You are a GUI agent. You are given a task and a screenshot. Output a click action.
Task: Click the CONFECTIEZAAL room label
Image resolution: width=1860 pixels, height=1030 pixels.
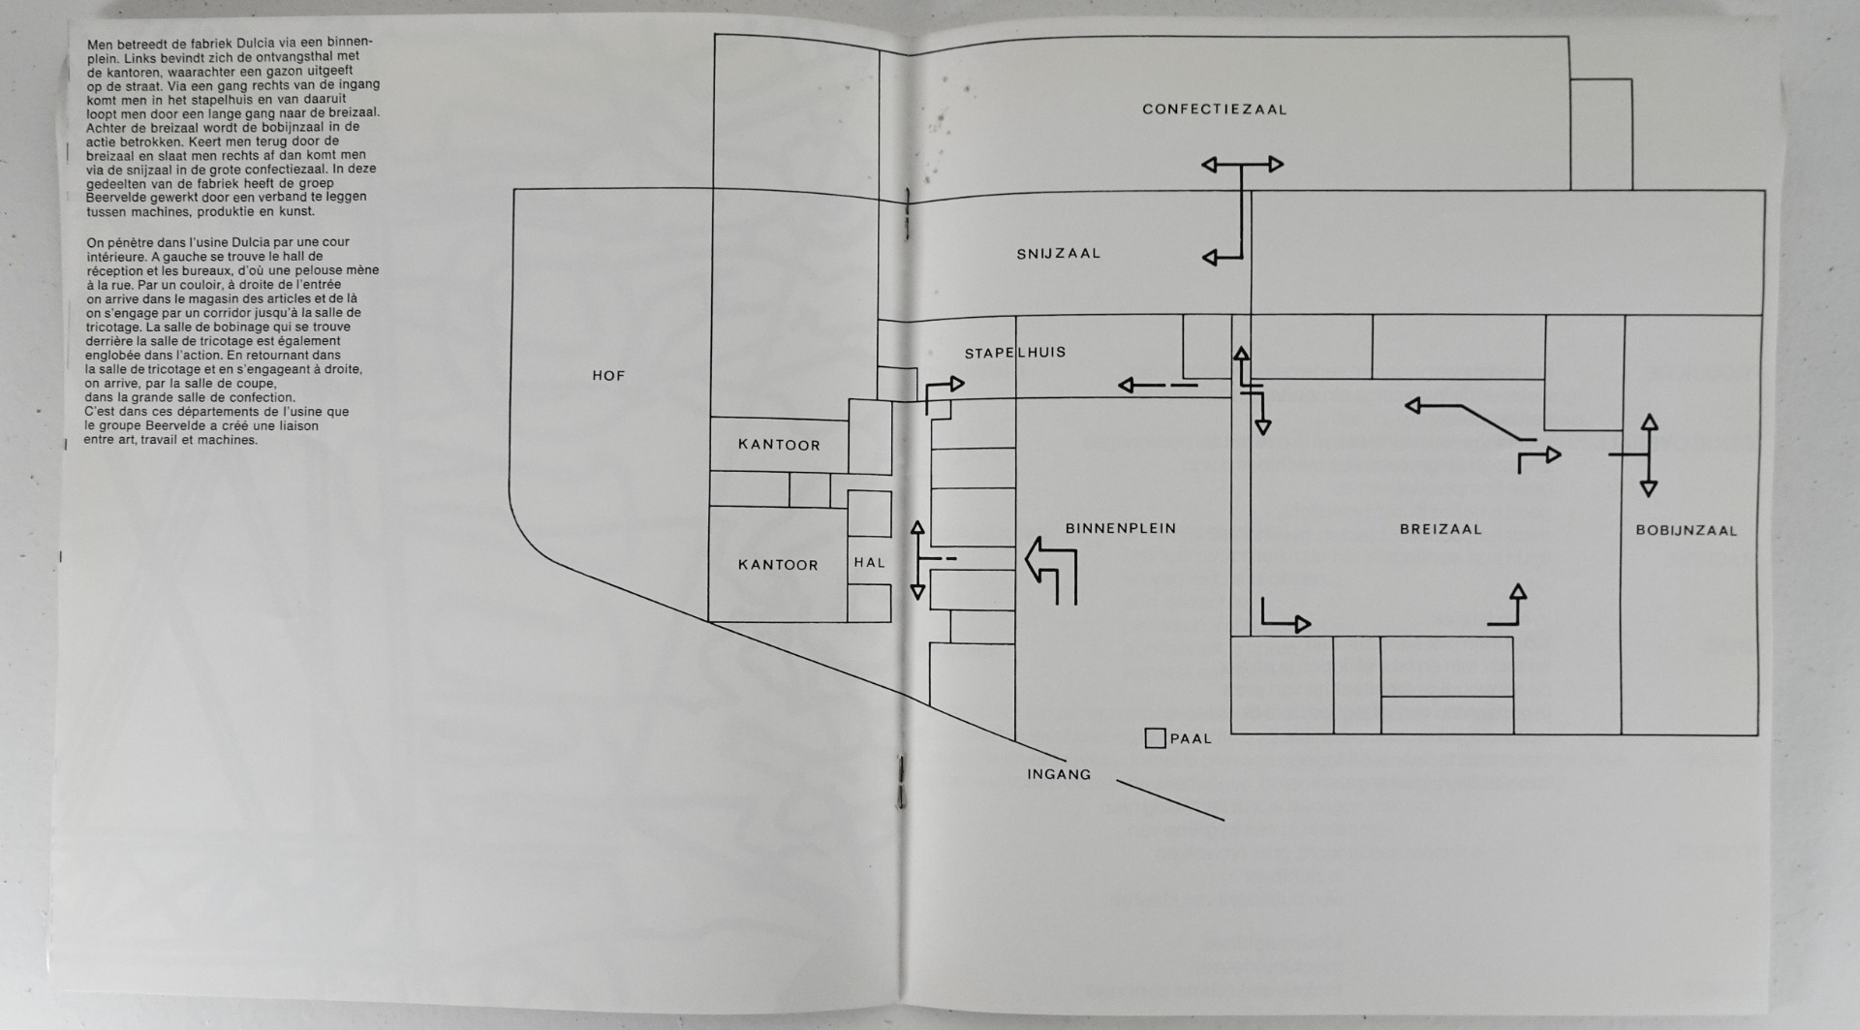(1214, 109)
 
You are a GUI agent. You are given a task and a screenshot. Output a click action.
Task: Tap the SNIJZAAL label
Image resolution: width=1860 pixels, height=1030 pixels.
(1058, 254)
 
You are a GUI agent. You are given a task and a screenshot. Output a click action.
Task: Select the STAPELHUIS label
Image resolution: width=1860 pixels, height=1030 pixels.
(1014, 353)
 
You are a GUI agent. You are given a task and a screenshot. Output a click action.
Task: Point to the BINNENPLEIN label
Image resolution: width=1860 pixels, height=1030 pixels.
(1120, 528)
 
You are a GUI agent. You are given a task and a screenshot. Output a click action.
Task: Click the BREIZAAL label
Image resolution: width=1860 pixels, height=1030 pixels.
(1441, 529)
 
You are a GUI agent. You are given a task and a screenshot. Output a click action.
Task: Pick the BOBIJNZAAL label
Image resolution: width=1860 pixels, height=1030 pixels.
(1686, 530)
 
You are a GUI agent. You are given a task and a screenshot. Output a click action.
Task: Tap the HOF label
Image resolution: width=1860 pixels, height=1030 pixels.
(608, 376)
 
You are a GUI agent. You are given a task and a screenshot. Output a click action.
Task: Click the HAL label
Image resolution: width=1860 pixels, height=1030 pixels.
(869, 562)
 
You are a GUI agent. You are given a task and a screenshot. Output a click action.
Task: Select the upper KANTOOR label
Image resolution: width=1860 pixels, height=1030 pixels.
(779, 445)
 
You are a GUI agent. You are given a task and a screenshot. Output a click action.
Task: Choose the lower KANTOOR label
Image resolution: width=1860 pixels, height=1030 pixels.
(778, 565)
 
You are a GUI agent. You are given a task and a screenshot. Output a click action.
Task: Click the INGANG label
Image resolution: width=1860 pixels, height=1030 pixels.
(1059, 774)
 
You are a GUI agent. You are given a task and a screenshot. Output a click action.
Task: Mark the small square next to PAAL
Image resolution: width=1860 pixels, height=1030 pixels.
(1155, 738)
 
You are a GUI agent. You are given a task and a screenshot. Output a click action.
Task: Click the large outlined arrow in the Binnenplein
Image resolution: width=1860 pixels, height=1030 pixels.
(1051, 570)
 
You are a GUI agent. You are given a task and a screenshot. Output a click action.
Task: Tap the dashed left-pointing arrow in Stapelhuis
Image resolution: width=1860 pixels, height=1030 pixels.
(1157, 386)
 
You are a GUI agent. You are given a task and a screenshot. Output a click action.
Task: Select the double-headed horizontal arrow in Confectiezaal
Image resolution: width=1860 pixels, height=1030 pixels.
(1242, 165)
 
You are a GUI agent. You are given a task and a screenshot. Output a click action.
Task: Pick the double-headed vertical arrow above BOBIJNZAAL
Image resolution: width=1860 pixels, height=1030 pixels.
(1648, 454)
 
